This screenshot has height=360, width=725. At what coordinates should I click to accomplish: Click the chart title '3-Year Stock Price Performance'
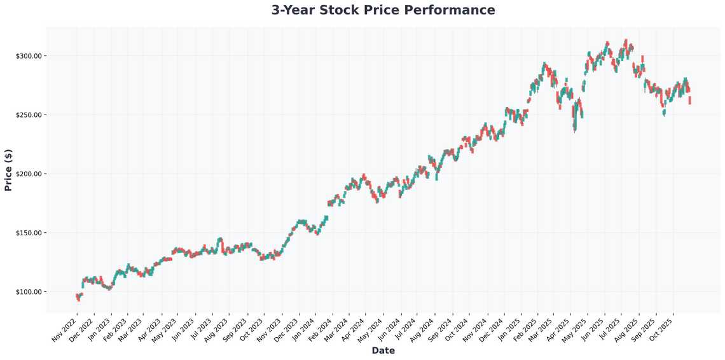pos(383,10)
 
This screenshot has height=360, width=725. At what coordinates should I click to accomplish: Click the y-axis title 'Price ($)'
pos(8,170)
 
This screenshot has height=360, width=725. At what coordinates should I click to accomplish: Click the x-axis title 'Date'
pos(383,350)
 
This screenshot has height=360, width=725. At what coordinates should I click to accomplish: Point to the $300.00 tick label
pos(28,56)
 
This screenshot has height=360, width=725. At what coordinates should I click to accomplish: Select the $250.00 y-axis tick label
pos(28,115)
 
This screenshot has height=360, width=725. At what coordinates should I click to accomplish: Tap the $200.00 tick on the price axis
pos(28,174)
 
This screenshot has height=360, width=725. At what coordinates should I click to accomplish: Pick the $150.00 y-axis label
pos(28,233)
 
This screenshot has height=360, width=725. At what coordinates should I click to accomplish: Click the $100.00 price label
pos(28,292)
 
